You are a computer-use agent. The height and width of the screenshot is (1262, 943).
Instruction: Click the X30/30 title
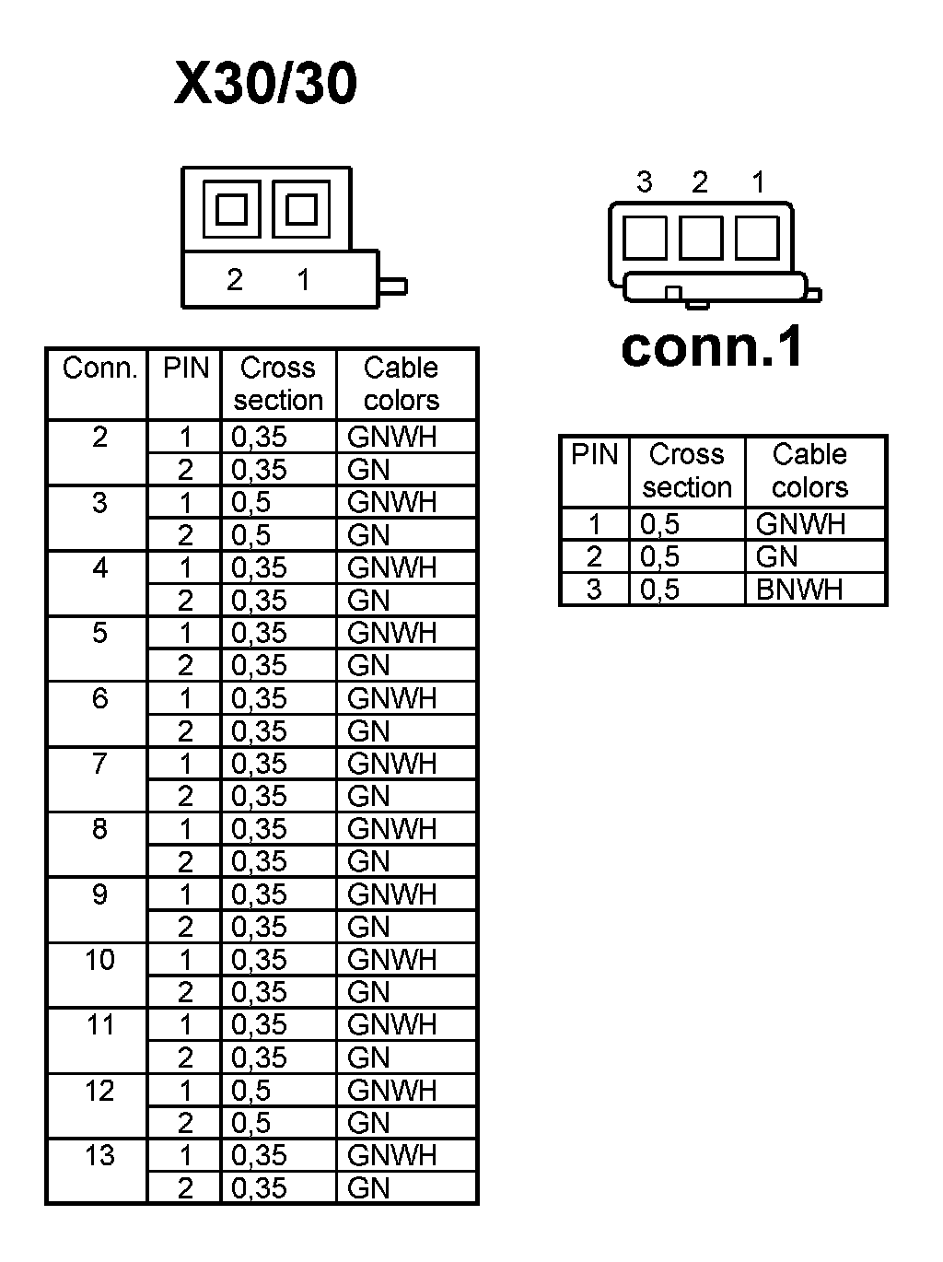pyautogui.click(x=265, y=84)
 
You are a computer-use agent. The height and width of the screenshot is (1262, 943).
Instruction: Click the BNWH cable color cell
pyautogui.click(x=799, y=590)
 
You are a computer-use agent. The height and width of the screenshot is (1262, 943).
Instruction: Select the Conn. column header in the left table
pyautogui.click(x=99, y=368)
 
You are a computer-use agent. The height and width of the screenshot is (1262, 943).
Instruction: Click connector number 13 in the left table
pyautogui.click(x=99, y=1155)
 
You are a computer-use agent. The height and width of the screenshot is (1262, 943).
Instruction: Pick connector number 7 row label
pyautogui.click(x=99, y=764)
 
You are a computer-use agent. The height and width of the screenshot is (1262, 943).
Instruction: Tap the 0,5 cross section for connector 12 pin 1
pyautogui.click(x=251, y=1091)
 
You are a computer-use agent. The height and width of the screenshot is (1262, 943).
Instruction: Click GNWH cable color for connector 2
pyautogui.click(x=391, y=437)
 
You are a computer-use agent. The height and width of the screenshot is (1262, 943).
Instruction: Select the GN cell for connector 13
pyautogui.click(x=369, y=1188)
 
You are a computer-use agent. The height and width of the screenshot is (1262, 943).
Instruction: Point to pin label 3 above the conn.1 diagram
pyautogui.click(x=645, y=182)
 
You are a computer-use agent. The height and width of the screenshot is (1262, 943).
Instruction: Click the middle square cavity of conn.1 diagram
pyautogui.click(x=701, y=237)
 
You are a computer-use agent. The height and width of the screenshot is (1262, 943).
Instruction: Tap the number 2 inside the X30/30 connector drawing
pyautogui.click(x=235, y=279)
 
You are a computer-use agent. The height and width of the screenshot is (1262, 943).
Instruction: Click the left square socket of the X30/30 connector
pyautogui.click(x=231, y=210)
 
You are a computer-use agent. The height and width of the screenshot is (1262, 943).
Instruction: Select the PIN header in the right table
pyautogui.click(x=594, y=455)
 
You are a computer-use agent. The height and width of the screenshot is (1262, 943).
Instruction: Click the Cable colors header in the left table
pyautogui.click(x=402, y=384)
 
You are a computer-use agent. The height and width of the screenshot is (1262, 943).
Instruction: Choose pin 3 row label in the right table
pyautogui.click(x=594, y=590)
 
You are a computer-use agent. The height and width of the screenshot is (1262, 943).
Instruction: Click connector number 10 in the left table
pyautogui.click(x=99, y=960)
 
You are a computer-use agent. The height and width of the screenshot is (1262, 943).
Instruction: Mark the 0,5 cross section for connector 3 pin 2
pyautogui.click(x=251, y=535)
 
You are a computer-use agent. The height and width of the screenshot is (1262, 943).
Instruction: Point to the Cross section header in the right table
pyautogui.click(x=687, y=471)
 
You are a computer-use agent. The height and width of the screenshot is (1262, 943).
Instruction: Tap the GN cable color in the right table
pyautogui.click(x=777, y=556)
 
